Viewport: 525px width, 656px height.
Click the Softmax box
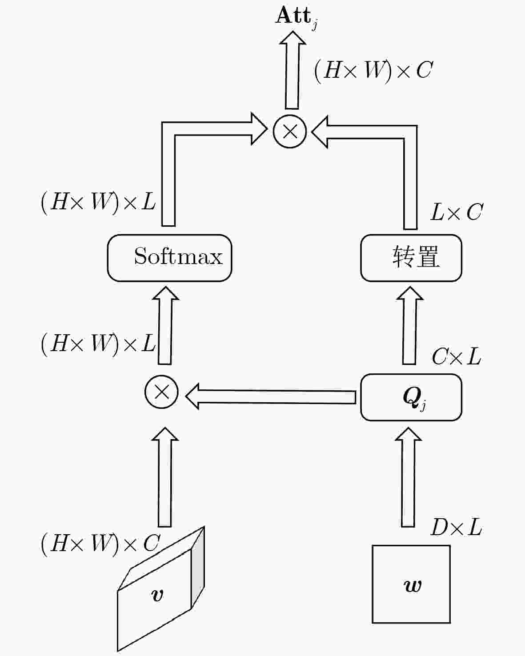[169, 258]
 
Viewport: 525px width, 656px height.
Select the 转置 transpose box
[411, 258]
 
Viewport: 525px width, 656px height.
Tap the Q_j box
[411, 397]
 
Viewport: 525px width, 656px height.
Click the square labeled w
[411, 584]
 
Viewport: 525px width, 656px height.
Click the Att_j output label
[296, 17]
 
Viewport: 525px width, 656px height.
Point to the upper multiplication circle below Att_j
[290, 131]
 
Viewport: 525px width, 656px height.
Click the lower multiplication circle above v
[161, 392]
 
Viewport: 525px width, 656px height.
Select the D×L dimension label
[456, 528]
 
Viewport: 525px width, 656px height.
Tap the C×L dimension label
[456, 356]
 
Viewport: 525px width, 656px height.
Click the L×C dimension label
[456, 212]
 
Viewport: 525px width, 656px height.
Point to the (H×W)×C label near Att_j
[373, 70]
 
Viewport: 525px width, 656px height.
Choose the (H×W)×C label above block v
[100, 543]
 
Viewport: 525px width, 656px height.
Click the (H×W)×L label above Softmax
[98, 202]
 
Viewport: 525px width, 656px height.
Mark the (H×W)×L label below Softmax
[98, 343]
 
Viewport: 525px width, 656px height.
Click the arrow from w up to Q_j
[408, 478]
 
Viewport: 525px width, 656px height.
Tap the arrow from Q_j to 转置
[409, 327]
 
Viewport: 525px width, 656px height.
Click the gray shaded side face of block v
[198, 567]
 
